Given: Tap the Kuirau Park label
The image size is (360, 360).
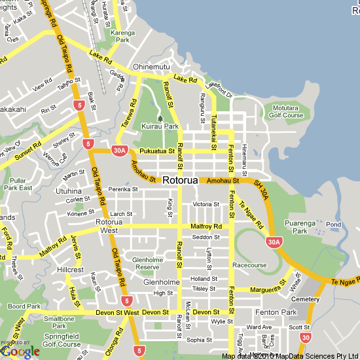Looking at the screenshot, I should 160,126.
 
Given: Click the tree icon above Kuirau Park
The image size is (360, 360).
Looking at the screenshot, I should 160,118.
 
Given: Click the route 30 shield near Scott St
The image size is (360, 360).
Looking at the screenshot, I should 306,337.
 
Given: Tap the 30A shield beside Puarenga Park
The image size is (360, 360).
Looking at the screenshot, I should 274,242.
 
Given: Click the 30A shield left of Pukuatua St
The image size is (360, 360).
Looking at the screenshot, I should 119,151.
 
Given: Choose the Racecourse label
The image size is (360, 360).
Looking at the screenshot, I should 249,266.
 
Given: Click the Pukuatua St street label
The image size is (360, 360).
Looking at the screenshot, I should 157,151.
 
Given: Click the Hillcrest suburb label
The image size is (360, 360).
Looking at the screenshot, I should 70,270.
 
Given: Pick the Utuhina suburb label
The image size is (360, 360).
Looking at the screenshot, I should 69,191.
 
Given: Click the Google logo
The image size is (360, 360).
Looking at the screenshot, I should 20,351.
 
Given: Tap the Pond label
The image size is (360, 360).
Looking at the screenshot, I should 333,225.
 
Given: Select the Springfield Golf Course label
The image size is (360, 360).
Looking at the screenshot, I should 62,340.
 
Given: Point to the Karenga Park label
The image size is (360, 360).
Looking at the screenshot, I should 122,35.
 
